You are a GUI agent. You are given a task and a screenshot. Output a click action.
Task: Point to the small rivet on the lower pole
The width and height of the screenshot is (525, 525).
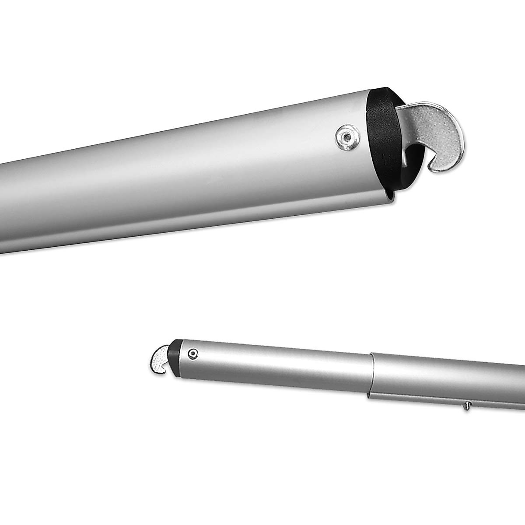coord(193,353)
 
